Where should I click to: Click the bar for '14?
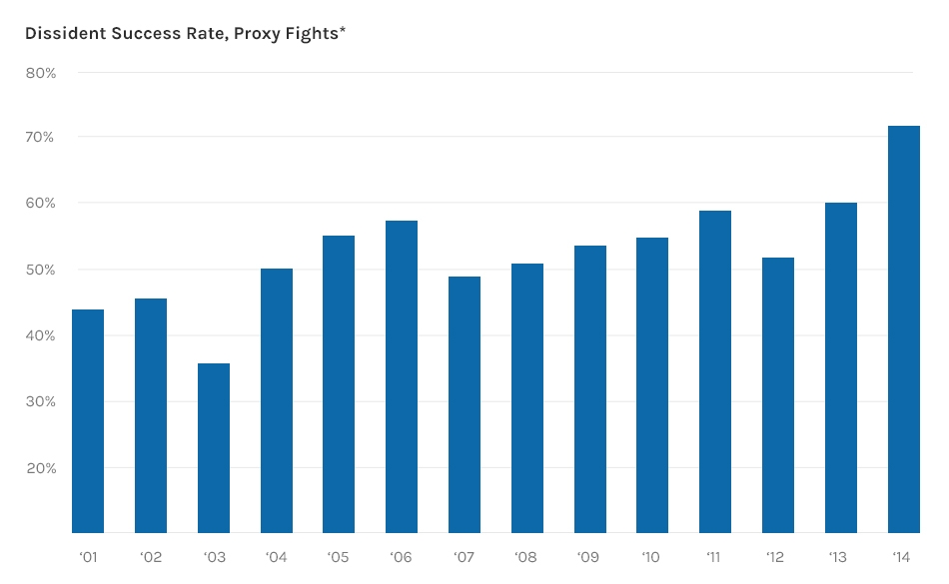click(x=903, y=329)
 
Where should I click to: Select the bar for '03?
click(x=214, y=448)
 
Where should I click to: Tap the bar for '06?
click(x=402, y=377)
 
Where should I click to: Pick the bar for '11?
click(x=715, y=371)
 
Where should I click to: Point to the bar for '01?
click(x=88, y=421)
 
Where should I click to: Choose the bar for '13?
click(x=841, y=367)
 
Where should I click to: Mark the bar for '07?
click(x=465, y=404)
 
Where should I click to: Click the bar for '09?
click(x=590, y=389)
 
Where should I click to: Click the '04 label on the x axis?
click(x=276, y=556)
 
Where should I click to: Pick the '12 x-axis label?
click(x=777, y=556)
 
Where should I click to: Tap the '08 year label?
click(x=526, y=556)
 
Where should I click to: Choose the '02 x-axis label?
click(x=151, y=556)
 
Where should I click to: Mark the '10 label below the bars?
click(x=652, y=556)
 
